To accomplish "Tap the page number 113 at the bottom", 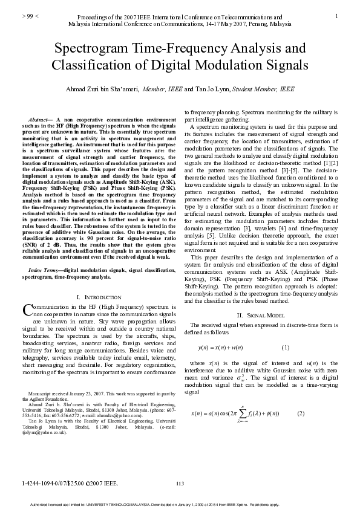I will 179,482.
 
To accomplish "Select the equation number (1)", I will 286,347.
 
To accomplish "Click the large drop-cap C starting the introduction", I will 27,310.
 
